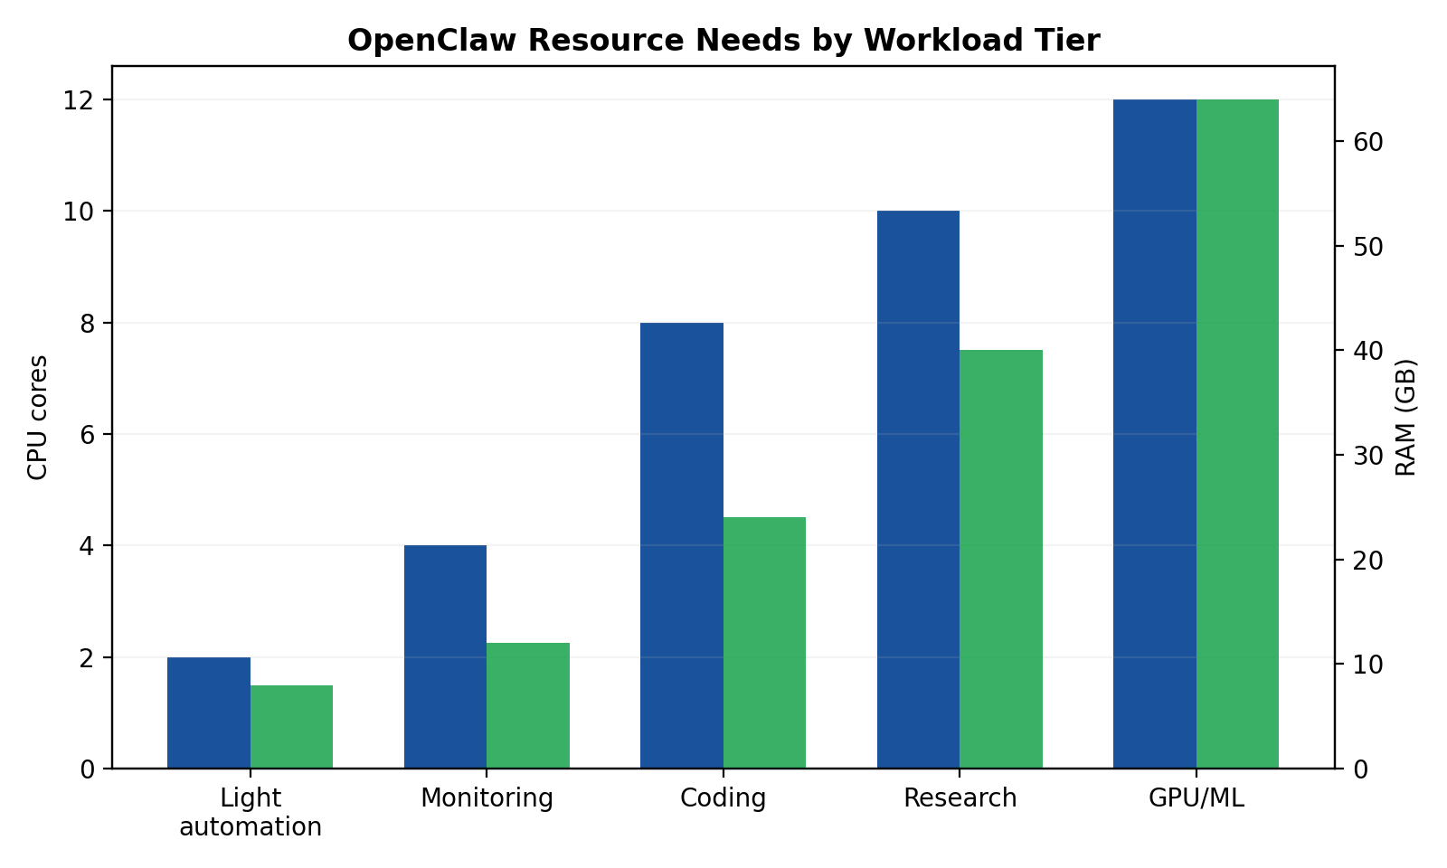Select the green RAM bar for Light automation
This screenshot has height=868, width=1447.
point(291,727)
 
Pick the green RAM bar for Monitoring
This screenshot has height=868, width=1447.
point(528,705)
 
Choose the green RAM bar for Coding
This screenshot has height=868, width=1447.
point(764,643)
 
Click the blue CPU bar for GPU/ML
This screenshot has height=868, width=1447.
point(1155,434)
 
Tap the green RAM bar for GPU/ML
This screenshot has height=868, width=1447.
point(1237,434)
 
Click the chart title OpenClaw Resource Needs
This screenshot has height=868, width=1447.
point(723,41)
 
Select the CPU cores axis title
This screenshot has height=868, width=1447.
point(37,417)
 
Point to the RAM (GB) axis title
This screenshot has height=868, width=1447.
point(1406,417)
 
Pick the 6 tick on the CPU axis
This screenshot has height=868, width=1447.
point(89,434)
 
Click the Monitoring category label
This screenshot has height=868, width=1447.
point(487,798)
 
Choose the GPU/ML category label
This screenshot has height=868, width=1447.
point(1196,798)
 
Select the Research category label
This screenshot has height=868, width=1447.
point(960,798)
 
